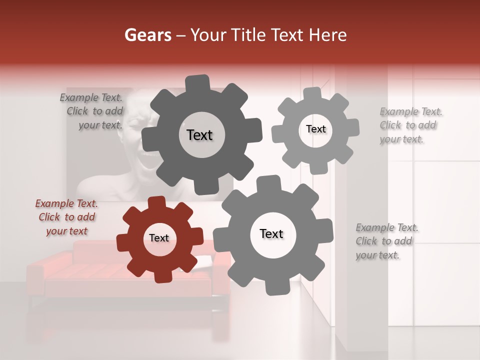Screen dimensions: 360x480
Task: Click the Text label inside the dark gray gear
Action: click(x=199, y=135)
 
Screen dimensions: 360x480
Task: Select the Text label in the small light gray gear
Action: click(x=315, y=129)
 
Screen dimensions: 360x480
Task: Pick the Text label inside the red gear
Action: click(x=159, y=238)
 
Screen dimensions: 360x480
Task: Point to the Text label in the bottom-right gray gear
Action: click(x=271, y=233)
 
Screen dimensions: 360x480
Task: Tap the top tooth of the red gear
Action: click(x=157, y=202)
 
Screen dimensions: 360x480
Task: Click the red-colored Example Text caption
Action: click(x=66, y=217)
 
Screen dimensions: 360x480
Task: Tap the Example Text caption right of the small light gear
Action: click(x=410, y=125)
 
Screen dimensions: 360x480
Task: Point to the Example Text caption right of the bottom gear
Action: click(x=386, y=241)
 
